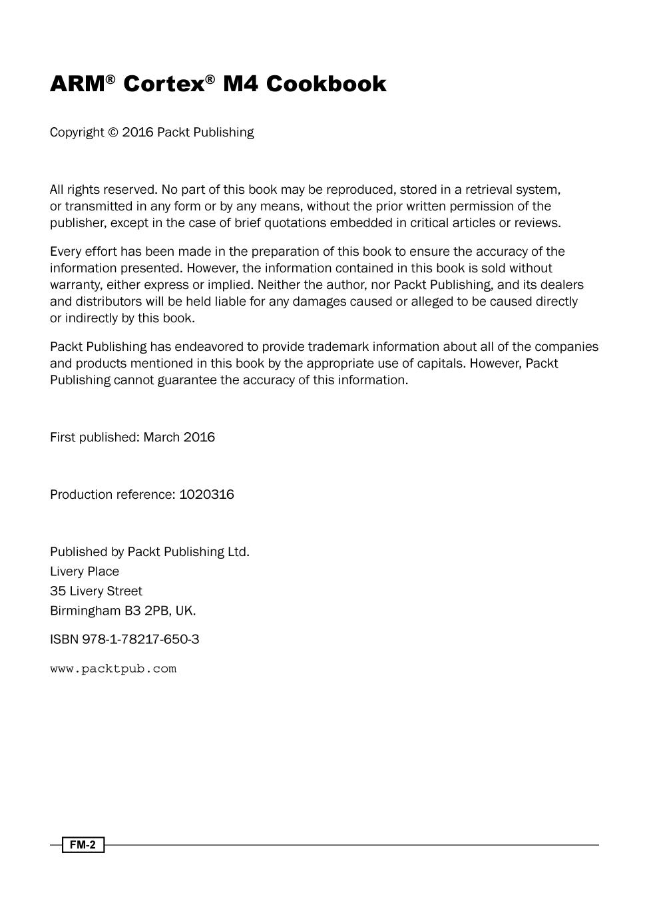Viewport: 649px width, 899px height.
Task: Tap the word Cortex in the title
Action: pyautogui.click(x=163, y=84)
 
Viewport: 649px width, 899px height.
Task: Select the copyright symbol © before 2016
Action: pyautogui.click(x=113, y=133)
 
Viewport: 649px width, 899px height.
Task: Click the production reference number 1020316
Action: pyautogui.click(x=206, y=495)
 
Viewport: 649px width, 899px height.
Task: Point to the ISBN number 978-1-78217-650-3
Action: pyautogui.click(x=140, y=639)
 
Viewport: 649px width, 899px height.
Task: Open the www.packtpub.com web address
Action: pyautogui.click(x=113, y=669)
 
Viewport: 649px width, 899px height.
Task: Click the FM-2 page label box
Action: pyautogui.click(x=83, y=845)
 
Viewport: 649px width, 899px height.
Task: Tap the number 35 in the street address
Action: pyautogui.click(x=58, y=591)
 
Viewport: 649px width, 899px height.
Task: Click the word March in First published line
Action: pyautogui.click(x=161, y=438)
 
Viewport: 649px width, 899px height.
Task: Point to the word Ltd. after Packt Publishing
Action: pyautogui.click(x=238, y=552)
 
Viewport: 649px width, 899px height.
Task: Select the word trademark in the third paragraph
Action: pyautogui.click(x=337, y=347)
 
